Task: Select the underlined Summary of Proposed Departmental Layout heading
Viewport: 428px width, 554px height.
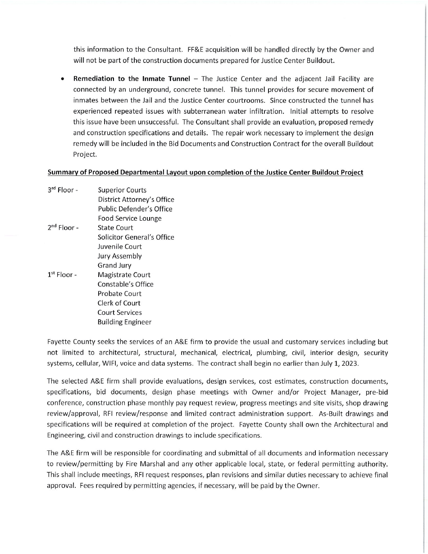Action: [x=205, y=173]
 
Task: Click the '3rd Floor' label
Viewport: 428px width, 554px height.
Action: [x=63, y=190]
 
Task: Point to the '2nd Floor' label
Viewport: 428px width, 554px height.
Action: [x=63, y=228]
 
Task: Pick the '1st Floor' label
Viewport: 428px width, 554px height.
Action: [x=62, y=275]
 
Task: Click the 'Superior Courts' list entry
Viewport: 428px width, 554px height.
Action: [x=122, y=191]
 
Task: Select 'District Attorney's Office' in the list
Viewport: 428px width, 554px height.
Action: [x=136, y=200]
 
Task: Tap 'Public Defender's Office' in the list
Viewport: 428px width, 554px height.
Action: [x=135, y=209]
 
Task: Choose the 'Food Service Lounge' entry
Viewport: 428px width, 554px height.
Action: [x=129, y=218]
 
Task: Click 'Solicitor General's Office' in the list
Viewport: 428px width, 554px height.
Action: [x=136, y=237]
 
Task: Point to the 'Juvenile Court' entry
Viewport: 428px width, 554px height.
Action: [x=119, y=247]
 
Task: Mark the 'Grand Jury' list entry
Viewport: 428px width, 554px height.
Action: [x=114, y=266]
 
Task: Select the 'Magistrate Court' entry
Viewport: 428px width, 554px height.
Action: [x=124, y=275]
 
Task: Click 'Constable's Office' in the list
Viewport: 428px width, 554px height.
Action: [x=125, y=284]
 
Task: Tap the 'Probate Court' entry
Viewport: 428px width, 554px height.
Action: [x=119, y=294]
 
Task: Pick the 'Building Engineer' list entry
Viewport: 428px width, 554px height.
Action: [x=124, y=322]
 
